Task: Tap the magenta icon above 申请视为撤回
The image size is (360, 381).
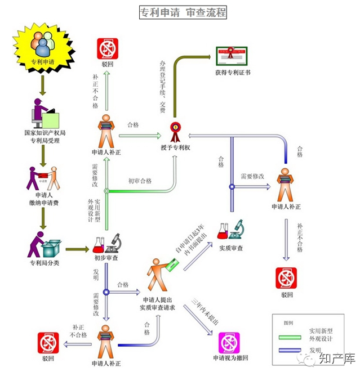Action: point(230,342)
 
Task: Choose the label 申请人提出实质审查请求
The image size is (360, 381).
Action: point(159,303)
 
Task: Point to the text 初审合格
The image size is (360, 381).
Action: point(139,181)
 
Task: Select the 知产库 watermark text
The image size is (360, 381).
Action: point(336,360)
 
